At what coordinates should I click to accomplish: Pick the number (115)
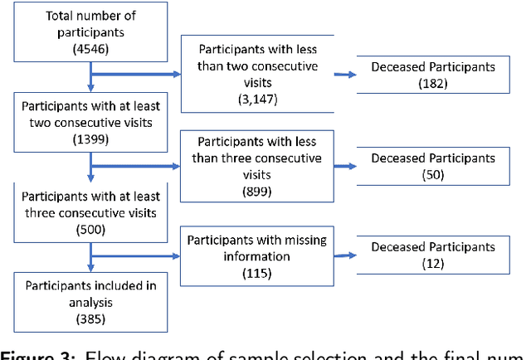(256, 272)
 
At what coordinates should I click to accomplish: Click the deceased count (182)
(432, 84)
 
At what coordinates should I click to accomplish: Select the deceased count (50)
(432, 174)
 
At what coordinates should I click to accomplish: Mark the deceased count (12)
(432, 263)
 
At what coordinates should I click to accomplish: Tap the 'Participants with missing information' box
(256, 255)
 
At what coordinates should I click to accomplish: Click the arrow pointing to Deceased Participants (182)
(346, 75)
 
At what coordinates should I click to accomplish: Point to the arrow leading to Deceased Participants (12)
(346, 255)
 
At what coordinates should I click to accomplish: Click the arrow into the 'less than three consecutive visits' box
(137, 166)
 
